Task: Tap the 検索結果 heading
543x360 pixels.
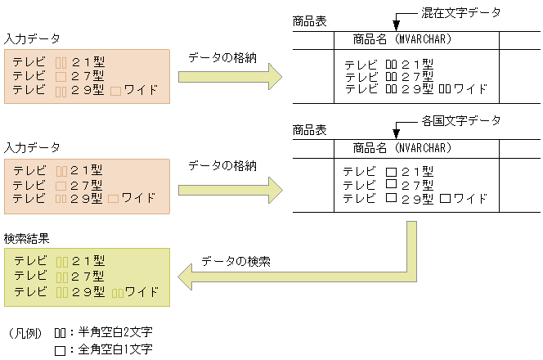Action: pyautogui.click(x=26, y=239)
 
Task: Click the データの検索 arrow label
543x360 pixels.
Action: pyautogui.click(x=236, y=261)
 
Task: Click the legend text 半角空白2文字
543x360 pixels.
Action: pyautogui.click(x=114, y=332)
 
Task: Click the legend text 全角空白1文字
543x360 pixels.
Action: pyautogui.click(x=114, y=349)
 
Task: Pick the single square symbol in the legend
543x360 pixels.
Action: pyautogui.click(x=60, y=350)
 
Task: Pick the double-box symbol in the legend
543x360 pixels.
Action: pyautogui.click(x=60, y=333)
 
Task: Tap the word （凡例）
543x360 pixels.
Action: pyautogui.click(x=25, y=333)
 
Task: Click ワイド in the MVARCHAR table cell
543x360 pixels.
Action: pyautogui.click(x=470, y=89)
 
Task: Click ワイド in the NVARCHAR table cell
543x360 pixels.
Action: pyautogui.click(x=470, y=198)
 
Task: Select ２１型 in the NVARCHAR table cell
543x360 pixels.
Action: pyautogui.click(x=416, y=172)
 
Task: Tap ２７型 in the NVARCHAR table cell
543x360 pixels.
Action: pyautogui.click(x=416, y=185)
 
